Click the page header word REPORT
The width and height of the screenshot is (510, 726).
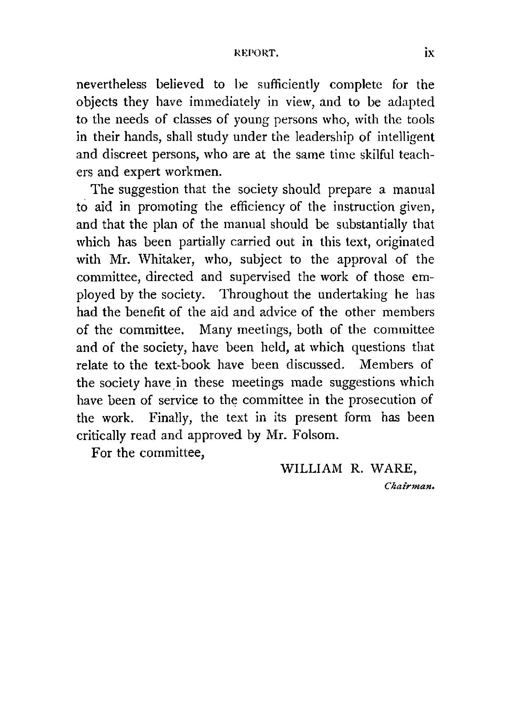coord(257,53)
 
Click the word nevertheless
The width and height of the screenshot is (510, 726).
coord(112,85)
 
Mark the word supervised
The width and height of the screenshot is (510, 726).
coord(260,277)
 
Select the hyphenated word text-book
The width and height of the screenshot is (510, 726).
coord(182,365)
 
